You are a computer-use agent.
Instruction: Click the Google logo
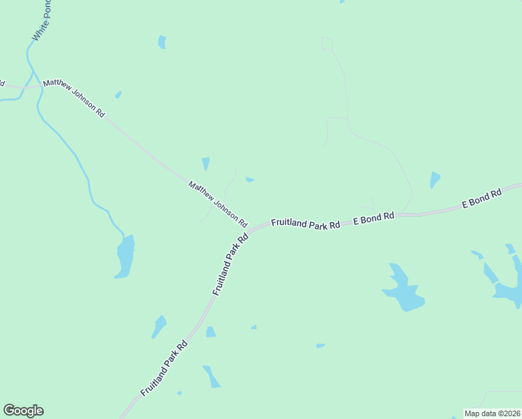point(23,411)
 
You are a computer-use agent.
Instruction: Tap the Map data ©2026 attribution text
point(493,413)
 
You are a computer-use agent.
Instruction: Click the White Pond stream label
point(43,21)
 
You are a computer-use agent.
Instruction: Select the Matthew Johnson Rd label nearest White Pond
point(73,98)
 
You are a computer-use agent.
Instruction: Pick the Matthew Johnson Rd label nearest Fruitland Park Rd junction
point(218,204)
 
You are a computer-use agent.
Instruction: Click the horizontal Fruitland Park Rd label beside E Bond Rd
point(305,224)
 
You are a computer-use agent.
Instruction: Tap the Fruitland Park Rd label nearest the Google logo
point(164,368)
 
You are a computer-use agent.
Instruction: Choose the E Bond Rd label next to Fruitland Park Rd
point(373,218)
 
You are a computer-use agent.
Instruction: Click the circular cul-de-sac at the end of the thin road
point(326,43)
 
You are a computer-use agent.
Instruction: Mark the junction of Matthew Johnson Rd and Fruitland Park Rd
point(249,229)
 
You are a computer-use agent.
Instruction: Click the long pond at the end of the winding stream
point(126,256)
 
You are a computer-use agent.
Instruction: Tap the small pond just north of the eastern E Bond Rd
point(435,179)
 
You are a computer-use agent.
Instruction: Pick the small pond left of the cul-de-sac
point(162,42)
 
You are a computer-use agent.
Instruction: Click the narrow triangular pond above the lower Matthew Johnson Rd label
point(206,164)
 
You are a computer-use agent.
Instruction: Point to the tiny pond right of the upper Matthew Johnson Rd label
point(118,94)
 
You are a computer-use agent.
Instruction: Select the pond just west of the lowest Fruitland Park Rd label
point(160,325)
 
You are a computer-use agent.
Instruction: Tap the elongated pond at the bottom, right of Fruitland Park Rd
point(211,376)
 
